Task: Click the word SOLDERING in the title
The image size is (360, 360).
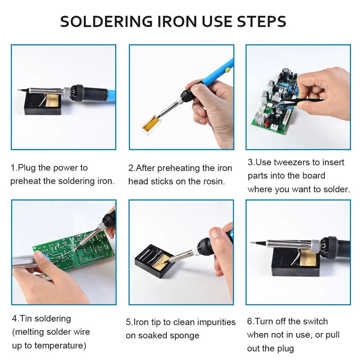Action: click(x=106, y=22)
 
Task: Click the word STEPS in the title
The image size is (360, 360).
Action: click(x=261, y=22)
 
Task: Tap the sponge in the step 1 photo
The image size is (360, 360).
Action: click(x=53, y=100)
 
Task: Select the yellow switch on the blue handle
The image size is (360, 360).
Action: click(x=228, y=70)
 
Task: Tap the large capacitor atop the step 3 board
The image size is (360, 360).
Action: click(x=286, y=71)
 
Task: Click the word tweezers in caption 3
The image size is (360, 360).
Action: click(x=292, y=162)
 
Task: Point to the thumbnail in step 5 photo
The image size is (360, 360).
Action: click(x=216, y=234)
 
